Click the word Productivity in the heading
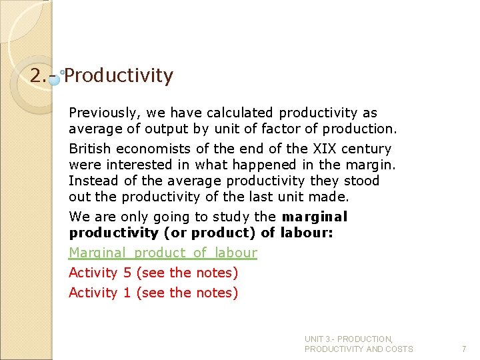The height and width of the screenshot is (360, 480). [119, 76]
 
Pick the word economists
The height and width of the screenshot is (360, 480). [153, 149]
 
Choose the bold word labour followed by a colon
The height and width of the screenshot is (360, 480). [313, 232]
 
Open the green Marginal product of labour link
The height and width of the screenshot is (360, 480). [163, 253]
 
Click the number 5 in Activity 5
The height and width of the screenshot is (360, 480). [127, 273]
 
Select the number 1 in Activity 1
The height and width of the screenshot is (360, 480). [127, 293]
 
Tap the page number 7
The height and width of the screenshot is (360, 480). [464, 349]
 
